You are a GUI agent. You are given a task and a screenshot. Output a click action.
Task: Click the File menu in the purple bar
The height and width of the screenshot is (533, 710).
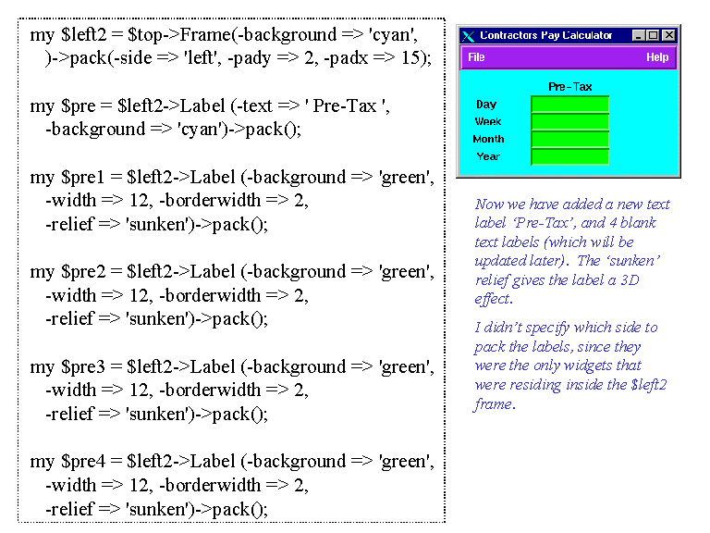[476, 57]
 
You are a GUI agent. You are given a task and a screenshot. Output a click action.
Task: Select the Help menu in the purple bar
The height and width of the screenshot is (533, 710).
[657, 57]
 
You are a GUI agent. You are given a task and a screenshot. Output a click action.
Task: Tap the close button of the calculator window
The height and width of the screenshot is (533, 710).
[668, 35]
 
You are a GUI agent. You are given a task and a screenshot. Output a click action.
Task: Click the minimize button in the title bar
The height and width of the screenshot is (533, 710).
[639, 35]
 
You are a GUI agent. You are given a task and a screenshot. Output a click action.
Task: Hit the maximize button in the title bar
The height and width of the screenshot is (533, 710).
[653, 35]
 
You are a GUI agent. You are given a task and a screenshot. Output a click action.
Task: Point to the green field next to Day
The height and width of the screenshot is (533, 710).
[569, 105]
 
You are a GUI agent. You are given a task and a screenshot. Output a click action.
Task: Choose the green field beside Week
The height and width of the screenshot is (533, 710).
[569, 121]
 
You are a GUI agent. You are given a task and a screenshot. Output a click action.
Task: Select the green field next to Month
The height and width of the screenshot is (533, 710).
[569, 139]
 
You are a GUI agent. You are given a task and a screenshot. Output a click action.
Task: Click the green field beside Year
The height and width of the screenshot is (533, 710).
[569, 156]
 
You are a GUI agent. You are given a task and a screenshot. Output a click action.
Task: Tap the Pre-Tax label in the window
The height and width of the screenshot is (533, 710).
[570, 87]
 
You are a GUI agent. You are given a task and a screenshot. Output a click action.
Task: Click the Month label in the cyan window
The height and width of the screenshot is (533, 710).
[488, 139]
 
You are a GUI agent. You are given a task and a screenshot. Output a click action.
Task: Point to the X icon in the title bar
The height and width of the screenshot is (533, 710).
[469, 36]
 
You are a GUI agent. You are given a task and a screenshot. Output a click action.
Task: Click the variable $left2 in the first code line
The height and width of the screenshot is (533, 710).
[84, 34]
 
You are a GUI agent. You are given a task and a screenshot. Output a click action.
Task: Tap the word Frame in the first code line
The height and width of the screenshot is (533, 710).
[205, 34]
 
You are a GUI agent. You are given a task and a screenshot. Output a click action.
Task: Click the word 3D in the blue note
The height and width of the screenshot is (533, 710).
[630, 280]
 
